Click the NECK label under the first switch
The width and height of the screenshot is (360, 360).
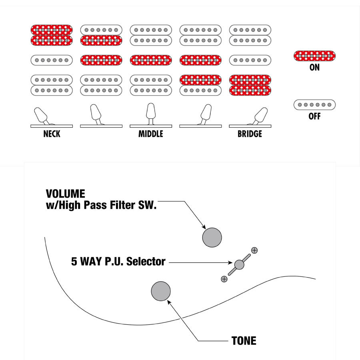52,134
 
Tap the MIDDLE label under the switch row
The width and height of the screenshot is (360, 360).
151,134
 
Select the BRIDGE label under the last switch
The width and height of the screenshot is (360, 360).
250,134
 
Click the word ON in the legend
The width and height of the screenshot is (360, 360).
314,68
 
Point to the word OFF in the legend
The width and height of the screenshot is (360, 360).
314,117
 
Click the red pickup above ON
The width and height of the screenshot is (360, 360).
314,56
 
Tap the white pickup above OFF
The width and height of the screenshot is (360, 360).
314,105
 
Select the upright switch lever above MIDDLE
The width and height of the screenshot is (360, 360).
151,112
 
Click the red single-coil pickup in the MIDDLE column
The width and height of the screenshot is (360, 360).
151,60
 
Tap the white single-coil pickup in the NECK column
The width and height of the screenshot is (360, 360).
52,60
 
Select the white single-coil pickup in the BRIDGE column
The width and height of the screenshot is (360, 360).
250,60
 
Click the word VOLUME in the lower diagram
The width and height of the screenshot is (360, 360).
66,194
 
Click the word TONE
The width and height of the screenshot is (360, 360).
244,341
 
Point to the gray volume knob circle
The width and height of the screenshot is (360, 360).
212,237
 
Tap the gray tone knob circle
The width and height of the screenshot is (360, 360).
161,291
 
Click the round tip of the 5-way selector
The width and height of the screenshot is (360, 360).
239,264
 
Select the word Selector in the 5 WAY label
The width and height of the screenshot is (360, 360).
145,262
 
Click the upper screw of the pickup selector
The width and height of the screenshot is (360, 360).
254,250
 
